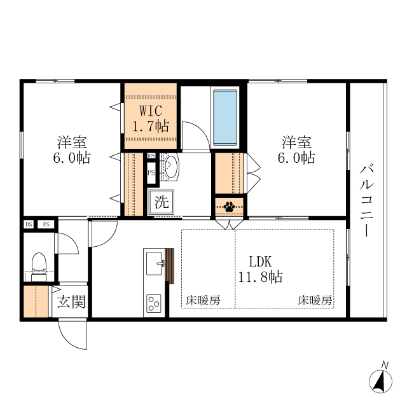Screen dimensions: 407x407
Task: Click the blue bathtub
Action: [224, 117]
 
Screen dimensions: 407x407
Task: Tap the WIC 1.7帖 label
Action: [149, 118]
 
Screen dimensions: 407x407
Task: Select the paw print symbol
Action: [229, 206]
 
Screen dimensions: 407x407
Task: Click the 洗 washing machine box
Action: [162, 203]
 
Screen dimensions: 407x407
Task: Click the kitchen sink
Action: [155, 260]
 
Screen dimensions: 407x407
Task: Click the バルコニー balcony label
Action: [366, 200]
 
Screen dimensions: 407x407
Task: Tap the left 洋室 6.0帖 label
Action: [71, 150]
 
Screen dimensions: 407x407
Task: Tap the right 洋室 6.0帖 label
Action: [296, 150]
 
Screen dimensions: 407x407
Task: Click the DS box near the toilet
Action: [29, 224]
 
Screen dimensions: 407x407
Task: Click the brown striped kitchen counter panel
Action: [169, 265]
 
